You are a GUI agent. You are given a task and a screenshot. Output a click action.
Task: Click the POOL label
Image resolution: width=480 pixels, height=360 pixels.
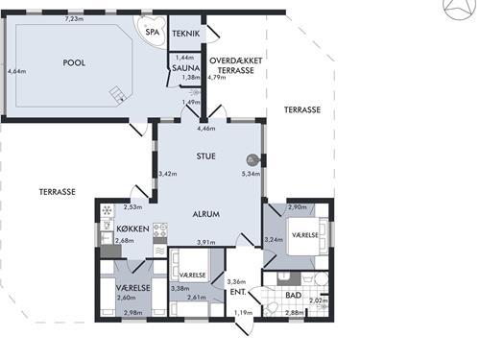(74, 62)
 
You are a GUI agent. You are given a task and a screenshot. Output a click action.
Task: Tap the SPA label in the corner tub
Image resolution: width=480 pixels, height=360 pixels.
(153, 32)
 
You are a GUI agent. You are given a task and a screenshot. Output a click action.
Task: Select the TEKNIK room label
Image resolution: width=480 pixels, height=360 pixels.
(186, 34)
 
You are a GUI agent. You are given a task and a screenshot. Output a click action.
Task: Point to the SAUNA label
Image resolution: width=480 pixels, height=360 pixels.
(186, 68)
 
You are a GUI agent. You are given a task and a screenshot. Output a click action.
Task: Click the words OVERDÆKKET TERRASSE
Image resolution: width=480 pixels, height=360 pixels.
(236, 65)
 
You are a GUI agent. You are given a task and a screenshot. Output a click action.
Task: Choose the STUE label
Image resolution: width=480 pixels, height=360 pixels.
(205, 156)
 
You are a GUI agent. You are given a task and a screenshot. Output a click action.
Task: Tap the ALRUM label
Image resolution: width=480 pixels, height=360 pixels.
(206, 214)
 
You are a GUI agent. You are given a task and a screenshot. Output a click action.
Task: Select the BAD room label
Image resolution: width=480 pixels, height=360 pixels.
(294, 295)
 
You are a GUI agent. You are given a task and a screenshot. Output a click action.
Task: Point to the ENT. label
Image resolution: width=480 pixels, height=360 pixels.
(238, 292)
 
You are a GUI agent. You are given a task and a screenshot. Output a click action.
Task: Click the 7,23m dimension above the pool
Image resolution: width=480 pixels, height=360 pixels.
(74, 19)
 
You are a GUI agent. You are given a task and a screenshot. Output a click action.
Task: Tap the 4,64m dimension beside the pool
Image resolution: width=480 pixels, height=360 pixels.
(17, 71)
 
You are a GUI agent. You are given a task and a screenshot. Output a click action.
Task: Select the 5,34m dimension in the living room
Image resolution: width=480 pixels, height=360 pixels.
(251, 174)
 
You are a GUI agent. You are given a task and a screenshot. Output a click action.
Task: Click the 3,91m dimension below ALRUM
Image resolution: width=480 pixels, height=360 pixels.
(206, 242)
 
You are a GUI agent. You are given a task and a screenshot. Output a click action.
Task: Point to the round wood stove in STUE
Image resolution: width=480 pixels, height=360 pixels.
(252, 159)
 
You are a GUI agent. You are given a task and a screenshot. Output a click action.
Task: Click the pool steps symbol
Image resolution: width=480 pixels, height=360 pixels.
(117, 94)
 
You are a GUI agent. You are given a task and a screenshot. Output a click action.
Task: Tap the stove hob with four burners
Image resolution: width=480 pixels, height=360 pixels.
(160, 229)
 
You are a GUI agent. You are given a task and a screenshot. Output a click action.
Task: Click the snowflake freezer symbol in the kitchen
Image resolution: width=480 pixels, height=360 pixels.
(108, 210)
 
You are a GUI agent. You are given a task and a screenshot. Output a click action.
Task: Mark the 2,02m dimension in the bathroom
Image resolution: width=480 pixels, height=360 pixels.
(319, 300)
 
